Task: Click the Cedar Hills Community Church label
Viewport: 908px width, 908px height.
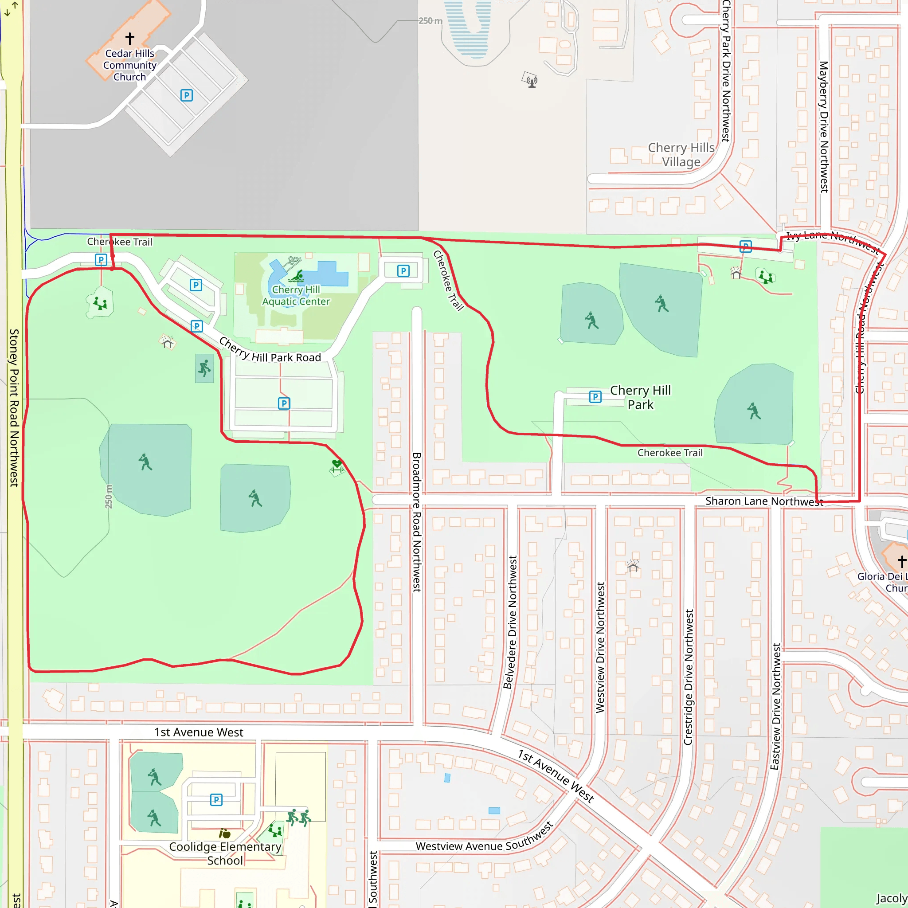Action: pyautogui.click(x=130, y=65)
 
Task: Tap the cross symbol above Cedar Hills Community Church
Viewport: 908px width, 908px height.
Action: pyautogui.click(x=130, y=38)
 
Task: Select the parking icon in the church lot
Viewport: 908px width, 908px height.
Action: pyautogui.click(x=187, y=95)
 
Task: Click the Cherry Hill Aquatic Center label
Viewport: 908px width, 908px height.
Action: pyautogui.click(x=296, y=296)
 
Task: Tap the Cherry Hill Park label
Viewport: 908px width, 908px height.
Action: pyautogui.click(x=640, y=398)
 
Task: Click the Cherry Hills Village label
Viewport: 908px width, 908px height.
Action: pyautogui.click(x=681, y=155)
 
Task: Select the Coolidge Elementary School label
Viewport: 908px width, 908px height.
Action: pyautogui.click(x=225, y=853)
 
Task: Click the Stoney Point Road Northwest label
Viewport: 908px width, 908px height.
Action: pyautogui.click(x=14, y=407)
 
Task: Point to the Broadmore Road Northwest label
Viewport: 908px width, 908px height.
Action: pyautogui.click(x=416, y=522)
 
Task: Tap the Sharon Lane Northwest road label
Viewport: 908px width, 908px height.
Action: pyautogui.click(x=764, y=501)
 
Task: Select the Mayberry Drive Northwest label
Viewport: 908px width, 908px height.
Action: pyautogui.click(x=824, y=127)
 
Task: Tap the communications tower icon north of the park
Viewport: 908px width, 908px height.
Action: pyautogui.click(x=531, y=80)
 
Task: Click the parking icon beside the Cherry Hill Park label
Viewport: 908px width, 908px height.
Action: pyautogui.click(x=595, y=397)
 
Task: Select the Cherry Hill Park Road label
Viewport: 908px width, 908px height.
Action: pyautogui.click(x=270, y=351)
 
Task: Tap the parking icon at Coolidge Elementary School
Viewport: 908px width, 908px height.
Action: pyautogui.click(x=216, y=799)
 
